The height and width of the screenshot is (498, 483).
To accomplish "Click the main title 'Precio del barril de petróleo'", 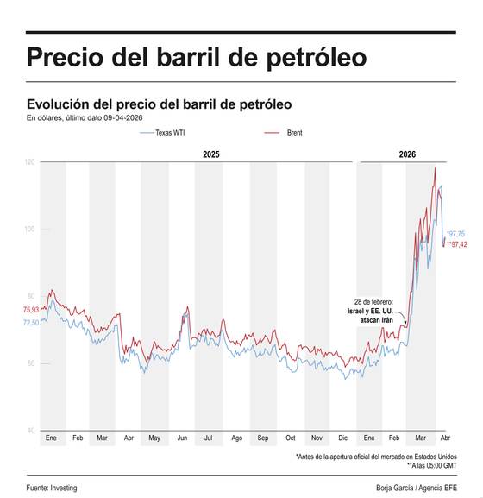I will point(196,58).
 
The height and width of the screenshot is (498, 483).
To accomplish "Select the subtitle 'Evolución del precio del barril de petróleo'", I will point(159,104).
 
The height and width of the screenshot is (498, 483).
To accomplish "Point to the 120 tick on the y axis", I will point(30,162).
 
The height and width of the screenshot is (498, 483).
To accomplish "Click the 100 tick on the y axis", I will point(30,230).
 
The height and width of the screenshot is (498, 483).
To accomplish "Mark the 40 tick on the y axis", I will point(30,431).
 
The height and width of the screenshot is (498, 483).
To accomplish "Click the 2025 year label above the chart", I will point(211,154).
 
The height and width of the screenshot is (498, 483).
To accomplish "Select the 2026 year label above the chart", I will point(407,154).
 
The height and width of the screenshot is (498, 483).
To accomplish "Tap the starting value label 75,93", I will point(30,310).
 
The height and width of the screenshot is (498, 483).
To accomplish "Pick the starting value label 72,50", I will point(30,323).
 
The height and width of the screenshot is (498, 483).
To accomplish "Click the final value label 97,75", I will point(455,234).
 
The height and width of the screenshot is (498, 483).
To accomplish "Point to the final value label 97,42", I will point(455,245).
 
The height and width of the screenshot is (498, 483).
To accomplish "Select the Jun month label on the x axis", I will point(181,439).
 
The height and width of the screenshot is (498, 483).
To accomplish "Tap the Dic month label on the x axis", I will point(343,439).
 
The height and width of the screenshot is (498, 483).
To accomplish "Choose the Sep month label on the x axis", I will point(262,439).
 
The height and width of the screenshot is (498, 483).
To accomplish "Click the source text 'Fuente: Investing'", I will point(52,488).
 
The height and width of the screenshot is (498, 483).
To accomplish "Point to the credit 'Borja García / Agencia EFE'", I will point(416,488).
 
